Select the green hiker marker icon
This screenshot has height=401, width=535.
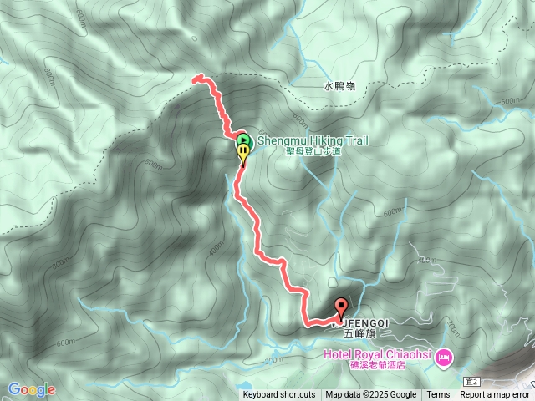[242, 139]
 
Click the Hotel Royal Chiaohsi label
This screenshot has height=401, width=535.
[377, 355]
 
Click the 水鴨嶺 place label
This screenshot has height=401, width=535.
[339, 85]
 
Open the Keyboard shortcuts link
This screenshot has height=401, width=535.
[279, 395]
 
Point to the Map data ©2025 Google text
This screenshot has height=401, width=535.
[371, 395]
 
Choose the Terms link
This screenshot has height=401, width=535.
[438, 395]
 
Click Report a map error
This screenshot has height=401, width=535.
[496, 395]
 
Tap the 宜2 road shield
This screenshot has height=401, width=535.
[470, 381]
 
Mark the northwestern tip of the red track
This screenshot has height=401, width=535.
[195, 79]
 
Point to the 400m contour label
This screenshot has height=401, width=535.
[217, 249]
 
